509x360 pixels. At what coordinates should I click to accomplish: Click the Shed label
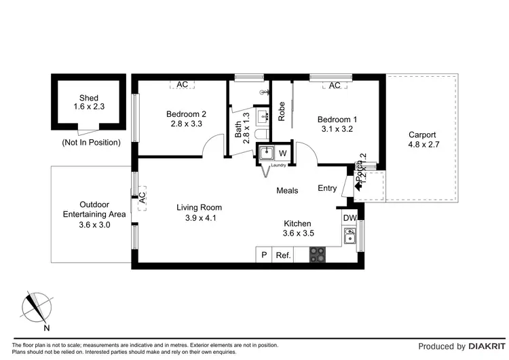[89, 98]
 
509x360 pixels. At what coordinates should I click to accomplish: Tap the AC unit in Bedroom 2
[182, 84]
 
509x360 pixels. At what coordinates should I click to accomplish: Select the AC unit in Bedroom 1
[334, 86]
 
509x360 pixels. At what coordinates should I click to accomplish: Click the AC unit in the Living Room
[142, 198]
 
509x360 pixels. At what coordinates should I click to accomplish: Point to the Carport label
[421, 134]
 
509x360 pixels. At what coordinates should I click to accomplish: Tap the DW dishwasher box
[350, 217]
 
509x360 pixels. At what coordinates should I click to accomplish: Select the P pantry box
[263, 255]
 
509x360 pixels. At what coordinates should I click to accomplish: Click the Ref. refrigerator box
[283, 255]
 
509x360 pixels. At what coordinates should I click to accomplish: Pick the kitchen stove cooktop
[317, 255]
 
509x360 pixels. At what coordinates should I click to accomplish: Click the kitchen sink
[350, 236]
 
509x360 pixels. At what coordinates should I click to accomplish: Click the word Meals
[287, 191]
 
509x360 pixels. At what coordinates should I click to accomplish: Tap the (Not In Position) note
[91, 143]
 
